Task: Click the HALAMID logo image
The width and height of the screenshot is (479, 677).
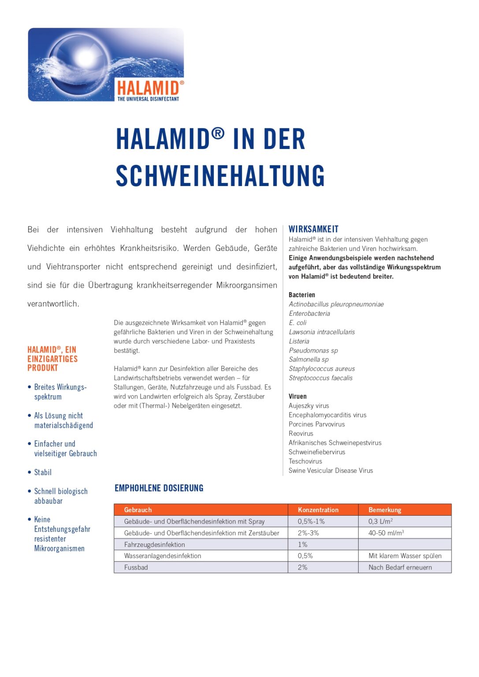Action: pos(106,65)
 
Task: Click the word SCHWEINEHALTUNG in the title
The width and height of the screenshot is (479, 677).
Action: pos(220,176)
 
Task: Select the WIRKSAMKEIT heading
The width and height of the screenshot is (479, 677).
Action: pos(313,229)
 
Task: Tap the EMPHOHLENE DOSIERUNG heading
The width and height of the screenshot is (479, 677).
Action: pos(159,488)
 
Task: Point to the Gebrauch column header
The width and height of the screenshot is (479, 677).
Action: pos(138,510)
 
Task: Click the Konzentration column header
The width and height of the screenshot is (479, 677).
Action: pos(318,510)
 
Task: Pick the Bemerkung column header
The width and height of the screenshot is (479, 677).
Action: pos(385,510)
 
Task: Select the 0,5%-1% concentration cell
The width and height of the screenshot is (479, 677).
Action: pos(311,521)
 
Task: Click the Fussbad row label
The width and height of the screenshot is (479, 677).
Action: pos(136,568)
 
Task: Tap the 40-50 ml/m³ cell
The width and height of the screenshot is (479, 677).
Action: pos(386,533)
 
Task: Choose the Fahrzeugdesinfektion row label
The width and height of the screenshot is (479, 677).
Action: pos(154,545)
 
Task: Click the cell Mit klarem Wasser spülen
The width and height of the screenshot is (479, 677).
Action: pos(405,556)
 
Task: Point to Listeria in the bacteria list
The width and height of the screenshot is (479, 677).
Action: pos(299,341)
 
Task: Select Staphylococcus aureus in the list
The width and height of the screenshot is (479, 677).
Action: pos(322,369)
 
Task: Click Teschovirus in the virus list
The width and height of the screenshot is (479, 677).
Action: pos(305,461)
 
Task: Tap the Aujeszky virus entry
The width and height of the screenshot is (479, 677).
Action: pos(308,406)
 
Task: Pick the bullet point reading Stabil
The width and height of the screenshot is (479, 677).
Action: pos(43,472)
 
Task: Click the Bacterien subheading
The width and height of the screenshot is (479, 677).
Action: pos(302,295)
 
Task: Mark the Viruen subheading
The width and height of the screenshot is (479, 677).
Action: pos(297,397)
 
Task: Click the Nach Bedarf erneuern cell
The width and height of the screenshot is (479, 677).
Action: pos(400,568)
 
